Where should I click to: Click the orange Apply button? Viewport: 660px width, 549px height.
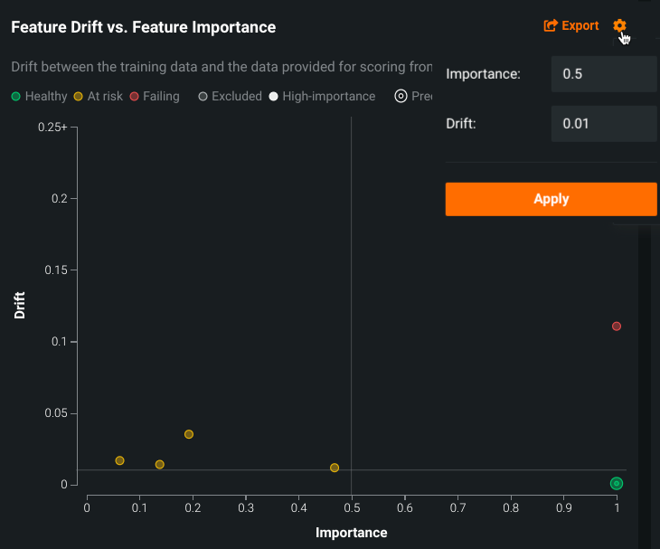[x=551, y=199]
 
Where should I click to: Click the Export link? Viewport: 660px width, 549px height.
[x=571, y=26]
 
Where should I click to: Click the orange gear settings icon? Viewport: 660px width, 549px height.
[x=619, y=26]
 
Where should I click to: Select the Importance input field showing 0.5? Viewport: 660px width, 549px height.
[x=603, y=74]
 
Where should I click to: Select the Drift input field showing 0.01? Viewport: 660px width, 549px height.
[x=603, y=123]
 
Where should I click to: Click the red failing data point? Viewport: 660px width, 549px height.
[x=617, y=327]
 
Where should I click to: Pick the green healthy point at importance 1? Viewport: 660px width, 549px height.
[x=617, y=484]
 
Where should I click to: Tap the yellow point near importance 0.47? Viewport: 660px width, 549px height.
[x=335, y=468]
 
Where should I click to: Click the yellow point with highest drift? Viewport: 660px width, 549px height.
[x=189, y=434]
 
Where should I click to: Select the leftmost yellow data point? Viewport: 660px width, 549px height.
[x=120, y=461]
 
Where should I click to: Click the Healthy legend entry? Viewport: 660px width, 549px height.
[x=39, y=96]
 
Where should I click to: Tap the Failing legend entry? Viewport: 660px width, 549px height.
[x=155, y=96]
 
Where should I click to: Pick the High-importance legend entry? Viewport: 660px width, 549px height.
[x=322, y=96]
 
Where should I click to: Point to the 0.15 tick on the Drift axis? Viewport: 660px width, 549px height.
[x=55, y=270]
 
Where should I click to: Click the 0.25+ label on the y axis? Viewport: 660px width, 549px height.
[x=52, y=128]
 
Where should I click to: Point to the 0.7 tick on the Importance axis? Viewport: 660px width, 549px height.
[x=457, y=508]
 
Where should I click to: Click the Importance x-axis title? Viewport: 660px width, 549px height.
[x=351, y=533]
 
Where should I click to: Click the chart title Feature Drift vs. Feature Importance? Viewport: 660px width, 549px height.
[x=143, y=27]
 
